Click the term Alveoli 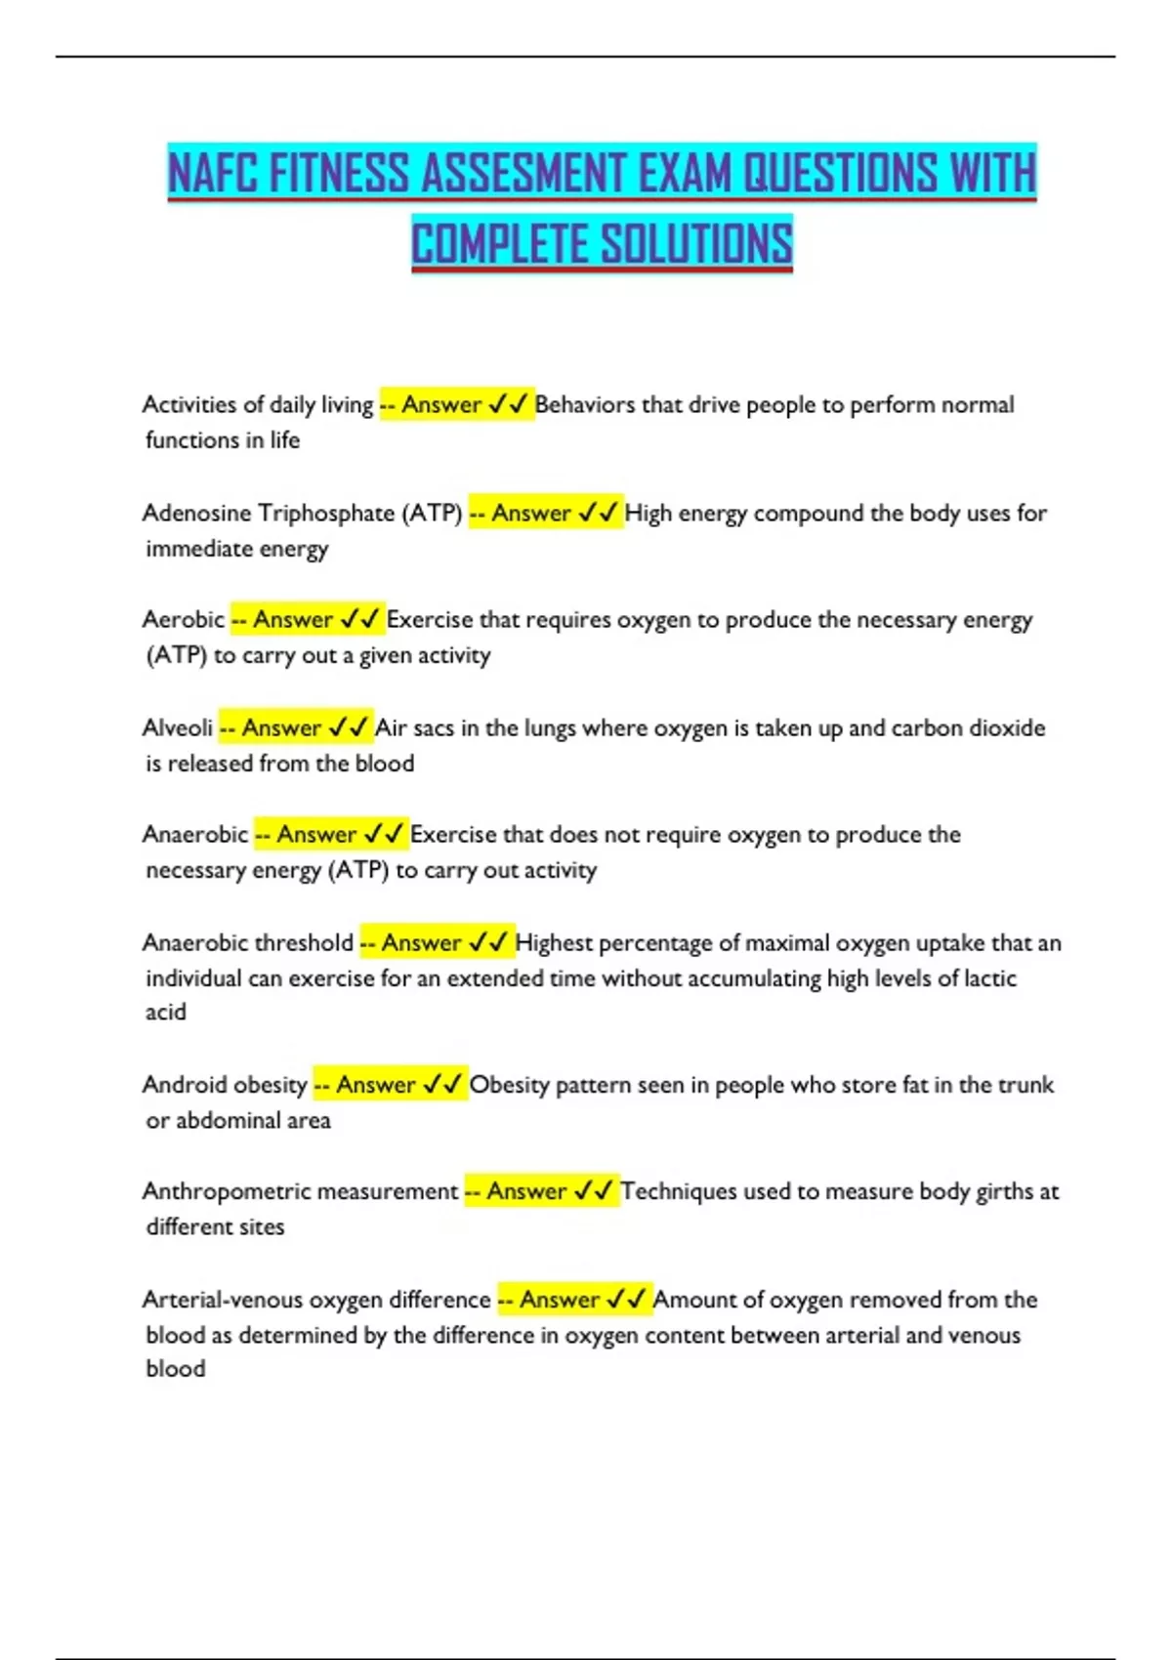tap(177, 727)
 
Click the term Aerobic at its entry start tap(183, 619)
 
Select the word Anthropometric tap(226, 1191)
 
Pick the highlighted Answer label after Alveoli tap(281, 727)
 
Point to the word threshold tap(304, 942)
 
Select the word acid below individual tap(165, 1012)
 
